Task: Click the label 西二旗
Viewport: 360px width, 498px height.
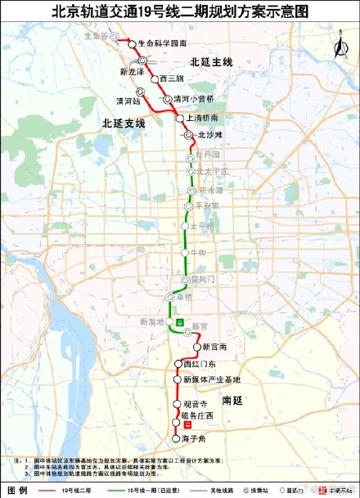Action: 172,79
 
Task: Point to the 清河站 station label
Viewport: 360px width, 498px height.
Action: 129,101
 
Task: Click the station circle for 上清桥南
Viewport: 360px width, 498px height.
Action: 180,119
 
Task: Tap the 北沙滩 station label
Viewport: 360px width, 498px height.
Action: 208,134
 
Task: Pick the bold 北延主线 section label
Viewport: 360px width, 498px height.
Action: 211,61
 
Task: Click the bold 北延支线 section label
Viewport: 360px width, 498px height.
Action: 124,123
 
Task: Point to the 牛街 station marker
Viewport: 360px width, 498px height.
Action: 186,253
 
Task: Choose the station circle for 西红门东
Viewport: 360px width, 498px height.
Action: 178,363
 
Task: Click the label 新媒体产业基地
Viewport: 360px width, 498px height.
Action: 211,380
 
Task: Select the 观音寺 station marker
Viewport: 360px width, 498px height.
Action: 176,405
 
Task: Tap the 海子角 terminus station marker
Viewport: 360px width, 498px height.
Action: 175,438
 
